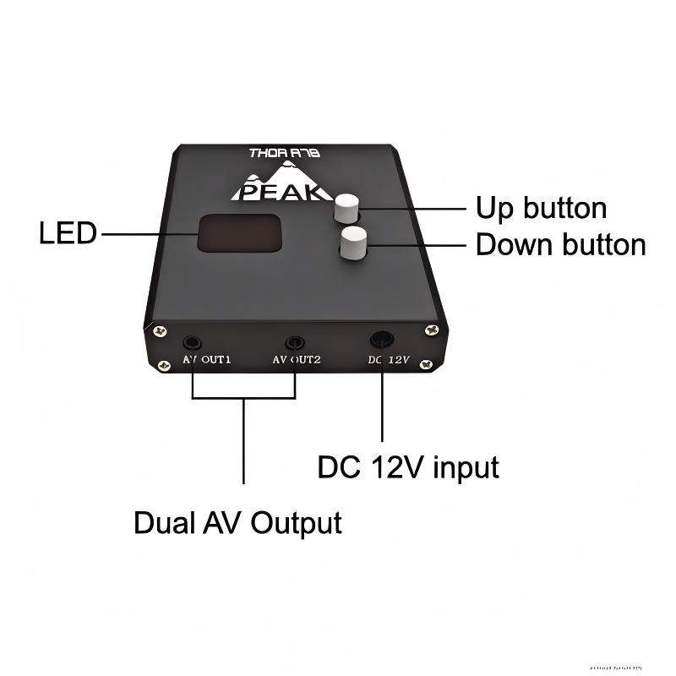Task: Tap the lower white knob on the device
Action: click(353, 243)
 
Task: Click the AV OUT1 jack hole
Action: click(194, 343)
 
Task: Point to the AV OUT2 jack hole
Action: click(295, 342)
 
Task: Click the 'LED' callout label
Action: click(68, 233)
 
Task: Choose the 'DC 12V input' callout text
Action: click(407, 466)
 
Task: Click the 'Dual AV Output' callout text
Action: click(237, 522)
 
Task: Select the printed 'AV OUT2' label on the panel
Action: click(297, 361)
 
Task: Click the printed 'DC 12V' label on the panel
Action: click(389, 360)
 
